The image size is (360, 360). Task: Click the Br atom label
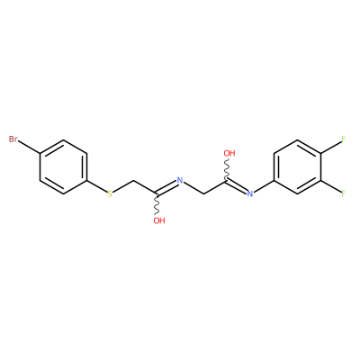click(x=13, y=139)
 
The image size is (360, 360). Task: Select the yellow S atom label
click(x=110, y=193)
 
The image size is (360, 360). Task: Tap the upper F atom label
click(x=344, y=139)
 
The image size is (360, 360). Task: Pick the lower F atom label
click(x=344, y=193)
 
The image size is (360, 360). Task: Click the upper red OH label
click(x=229, y=153)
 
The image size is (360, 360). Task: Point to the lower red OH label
click(x=159, y=220)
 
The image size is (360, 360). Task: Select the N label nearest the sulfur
click(x=180, y=180)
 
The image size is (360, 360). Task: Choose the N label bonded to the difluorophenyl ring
click(x=250, y=193)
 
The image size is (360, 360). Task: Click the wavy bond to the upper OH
click(x=228, y=169)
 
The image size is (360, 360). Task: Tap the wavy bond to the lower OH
click(x=157, y=204)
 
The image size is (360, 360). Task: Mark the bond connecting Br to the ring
click(x=30, y=148)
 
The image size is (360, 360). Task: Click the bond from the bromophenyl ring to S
click(x=97, y=186)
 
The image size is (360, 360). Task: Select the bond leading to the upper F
click(x=331, y=147)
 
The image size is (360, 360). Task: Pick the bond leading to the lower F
click(x=331, y=186)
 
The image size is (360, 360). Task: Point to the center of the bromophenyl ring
click(x=64, y=166)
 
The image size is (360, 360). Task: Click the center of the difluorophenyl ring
click(x=298, y=166)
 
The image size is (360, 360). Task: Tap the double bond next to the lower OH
click(x=166, y=188)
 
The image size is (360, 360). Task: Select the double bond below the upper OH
click(x=237, y=186)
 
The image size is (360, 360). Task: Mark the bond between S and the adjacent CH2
click(x=123, y=186)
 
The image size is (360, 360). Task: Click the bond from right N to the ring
click(x=264, y=186)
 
